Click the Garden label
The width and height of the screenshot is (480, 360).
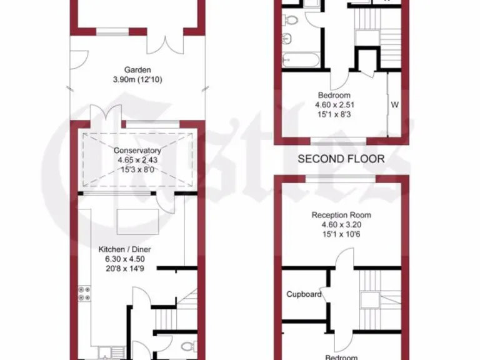tap(137, 70)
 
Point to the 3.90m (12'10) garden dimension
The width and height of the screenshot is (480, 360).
tap(137, 79)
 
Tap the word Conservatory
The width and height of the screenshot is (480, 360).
tap(137, 151)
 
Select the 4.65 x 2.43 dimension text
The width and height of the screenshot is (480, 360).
tap(137, 160)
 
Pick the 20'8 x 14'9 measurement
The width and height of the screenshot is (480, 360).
tap(125, 268)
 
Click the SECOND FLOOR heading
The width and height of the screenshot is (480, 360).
tap(341, 159)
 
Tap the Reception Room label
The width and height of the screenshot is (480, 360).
tap(341, 215)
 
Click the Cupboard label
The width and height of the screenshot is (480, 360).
tap(304, 294)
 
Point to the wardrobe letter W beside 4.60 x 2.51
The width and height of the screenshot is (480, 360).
tap(394, 104)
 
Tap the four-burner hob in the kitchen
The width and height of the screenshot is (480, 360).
tap(84, 292)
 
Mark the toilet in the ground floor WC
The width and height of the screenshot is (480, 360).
tap(188, 345)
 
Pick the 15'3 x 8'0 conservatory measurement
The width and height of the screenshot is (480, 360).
tap(137, 169)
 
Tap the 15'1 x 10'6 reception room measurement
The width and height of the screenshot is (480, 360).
tap(341, 234)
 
